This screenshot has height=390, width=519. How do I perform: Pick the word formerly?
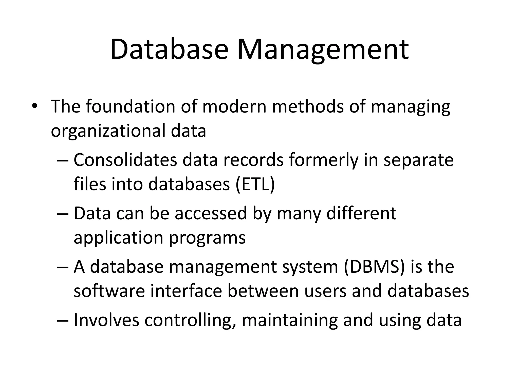pos(324,160)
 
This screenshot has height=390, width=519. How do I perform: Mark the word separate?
pos(418,160)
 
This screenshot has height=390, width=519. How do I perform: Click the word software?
pos(109,291)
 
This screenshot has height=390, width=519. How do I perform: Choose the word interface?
pos(186,291)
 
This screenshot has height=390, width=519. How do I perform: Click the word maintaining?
pos(290,320)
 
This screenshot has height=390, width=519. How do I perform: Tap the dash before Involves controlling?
pos(63,320)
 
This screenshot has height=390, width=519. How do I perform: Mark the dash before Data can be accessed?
pos(63,214)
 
